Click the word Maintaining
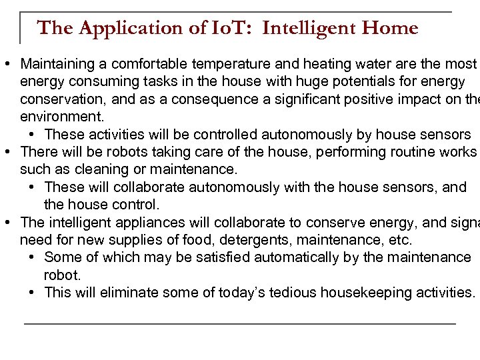coord(58,65)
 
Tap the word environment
coord(61,117)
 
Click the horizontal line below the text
coord(240,323)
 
